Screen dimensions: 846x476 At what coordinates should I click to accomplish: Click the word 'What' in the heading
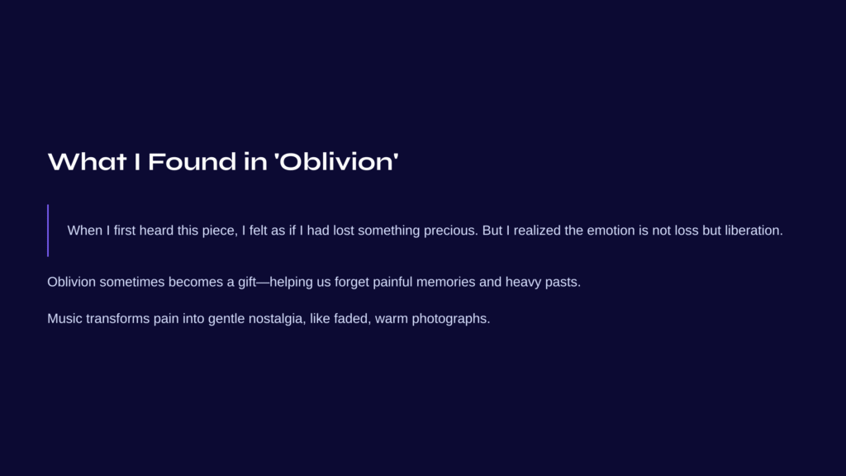click(x=87, y=161)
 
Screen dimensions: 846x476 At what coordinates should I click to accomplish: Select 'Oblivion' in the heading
click(x=337, y=161)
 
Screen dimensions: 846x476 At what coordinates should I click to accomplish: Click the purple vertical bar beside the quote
click(x=48, y=231)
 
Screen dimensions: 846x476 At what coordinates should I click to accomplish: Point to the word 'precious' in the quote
click(x=450, y=231)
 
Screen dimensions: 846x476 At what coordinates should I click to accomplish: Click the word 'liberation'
click(x=753, y=231)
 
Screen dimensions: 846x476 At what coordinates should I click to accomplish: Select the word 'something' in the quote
click(x=388, y=231)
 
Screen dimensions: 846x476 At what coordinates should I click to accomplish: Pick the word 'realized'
click(x=537, y=231)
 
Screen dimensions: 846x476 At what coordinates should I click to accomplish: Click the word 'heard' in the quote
click(x=156, y=231)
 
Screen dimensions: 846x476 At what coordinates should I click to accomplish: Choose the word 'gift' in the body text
click(x=247, y=282)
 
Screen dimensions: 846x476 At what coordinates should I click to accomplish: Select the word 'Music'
click(x=64, y=318)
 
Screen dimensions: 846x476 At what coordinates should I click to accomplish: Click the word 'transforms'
click(x=117, y=318)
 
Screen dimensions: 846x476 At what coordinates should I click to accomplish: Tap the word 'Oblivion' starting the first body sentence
click(x=71, y=282)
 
